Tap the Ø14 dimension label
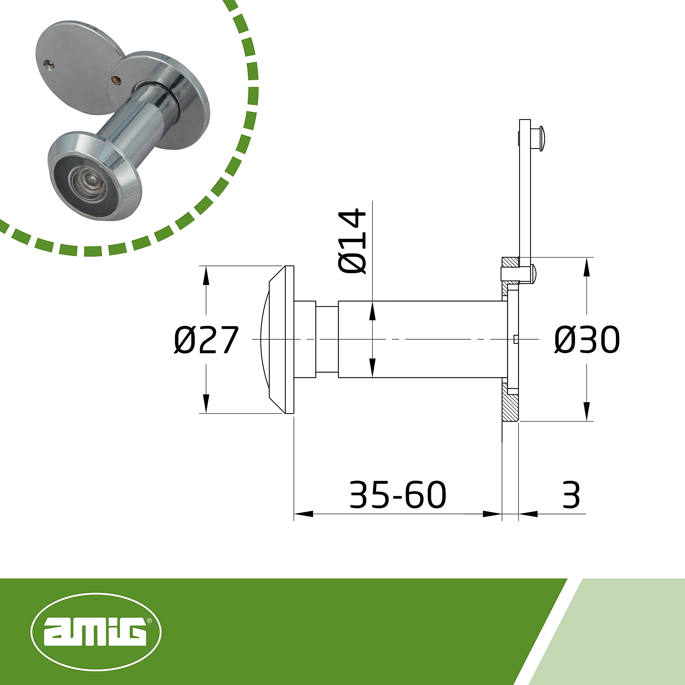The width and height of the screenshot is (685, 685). [352, 241]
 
